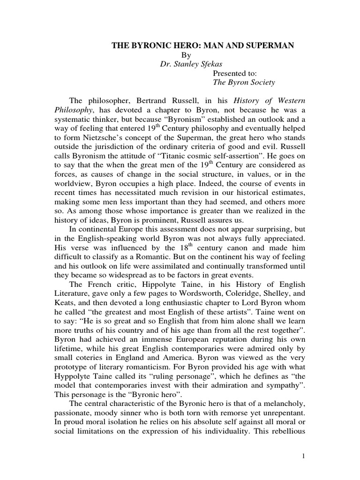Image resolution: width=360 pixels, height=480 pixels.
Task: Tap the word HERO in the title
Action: coord(176,45)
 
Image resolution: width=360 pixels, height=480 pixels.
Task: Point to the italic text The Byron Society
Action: coord(244,82)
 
